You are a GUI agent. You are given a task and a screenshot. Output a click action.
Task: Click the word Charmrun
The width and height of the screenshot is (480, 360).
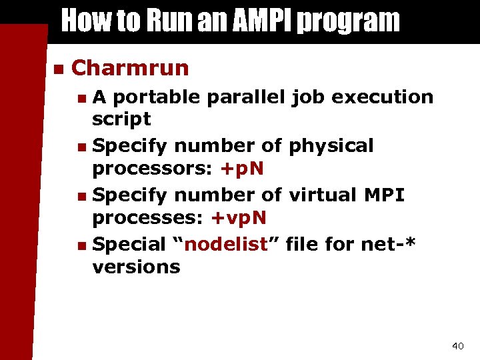coord(129,68)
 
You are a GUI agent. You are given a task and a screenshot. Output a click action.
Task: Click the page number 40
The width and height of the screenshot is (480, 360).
coord(457,345)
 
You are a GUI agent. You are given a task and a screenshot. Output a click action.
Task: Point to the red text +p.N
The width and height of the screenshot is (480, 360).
coord(241,169)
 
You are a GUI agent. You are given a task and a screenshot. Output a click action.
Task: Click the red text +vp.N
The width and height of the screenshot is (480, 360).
coord(239,218)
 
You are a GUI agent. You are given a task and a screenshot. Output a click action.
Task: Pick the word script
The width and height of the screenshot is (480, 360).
coord(121,120)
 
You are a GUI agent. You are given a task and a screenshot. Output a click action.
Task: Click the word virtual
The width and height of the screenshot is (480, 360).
coord(317,195)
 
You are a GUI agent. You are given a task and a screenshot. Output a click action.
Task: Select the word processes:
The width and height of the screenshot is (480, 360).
coord(149,218)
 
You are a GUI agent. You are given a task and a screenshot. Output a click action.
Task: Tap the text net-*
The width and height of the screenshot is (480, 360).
coord(388,244)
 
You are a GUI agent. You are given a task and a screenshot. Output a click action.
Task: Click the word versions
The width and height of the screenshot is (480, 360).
coord(136,267)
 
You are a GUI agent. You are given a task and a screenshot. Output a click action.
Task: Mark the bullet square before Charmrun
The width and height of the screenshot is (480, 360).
coord(58,69)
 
